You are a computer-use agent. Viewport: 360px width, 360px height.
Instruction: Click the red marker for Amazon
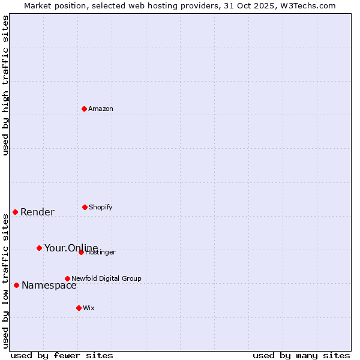coord(85,109)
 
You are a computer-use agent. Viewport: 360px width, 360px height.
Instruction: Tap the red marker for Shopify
coord(85,207)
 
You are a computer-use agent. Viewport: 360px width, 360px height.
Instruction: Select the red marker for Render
coord(16,212)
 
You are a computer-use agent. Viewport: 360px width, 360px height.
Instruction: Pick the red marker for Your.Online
coord(39,248)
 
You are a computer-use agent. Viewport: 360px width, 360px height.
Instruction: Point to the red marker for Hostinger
coord(81,252)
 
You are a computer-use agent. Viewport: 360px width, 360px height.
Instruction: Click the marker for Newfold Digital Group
coord(67,278)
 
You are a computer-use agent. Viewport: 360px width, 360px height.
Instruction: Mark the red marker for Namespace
coord(16,285)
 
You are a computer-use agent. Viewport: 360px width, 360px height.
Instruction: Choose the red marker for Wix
coord(79,308)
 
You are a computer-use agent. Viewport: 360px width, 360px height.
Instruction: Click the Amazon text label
coord(101,109)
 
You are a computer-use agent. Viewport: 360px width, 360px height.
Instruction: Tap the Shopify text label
coord(101,208)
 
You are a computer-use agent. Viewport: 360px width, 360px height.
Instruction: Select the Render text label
coord(37,212)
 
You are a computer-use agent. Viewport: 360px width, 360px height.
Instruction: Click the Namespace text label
coord(49,286)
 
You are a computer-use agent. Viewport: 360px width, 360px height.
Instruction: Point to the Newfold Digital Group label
coord(107,279)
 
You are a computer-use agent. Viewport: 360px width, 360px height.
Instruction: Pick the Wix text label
coord(89,308)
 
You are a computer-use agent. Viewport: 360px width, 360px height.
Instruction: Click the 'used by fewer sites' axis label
coord(62,355)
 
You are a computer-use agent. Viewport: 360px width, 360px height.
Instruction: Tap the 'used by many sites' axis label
coord(301,355)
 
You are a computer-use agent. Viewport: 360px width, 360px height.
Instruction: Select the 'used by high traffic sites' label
coord(6,85)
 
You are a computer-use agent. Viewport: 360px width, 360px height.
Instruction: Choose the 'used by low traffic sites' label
coord(6,281)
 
